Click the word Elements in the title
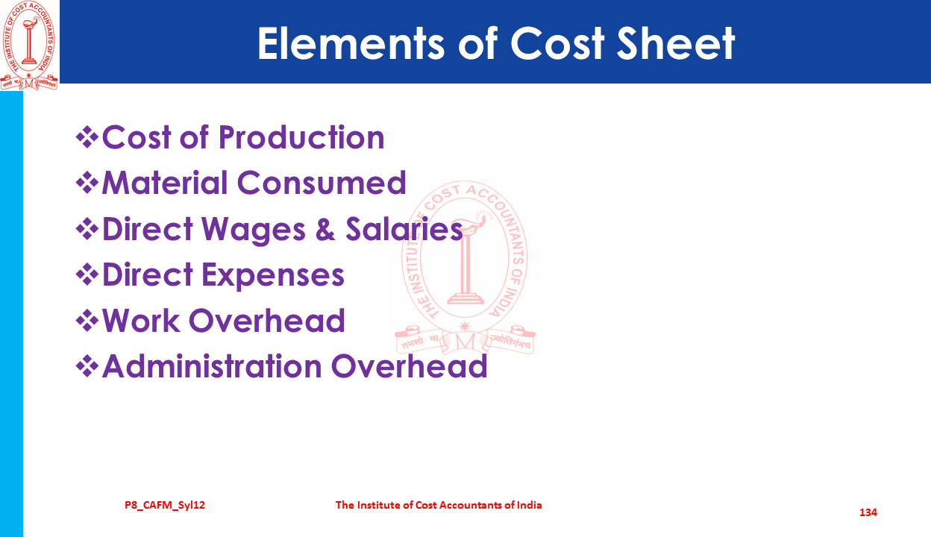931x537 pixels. pos(351,44)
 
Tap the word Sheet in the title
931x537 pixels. pos(676,44)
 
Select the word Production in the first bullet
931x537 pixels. pos(301,137)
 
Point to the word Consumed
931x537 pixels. pos(322,183)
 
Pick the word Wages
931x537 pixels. pos(254,230)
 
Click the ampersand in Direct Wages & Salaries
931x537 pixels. pos(325,229)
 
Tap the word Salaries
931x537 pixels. pos(404,229)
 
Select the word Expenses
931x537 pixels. pos(273,275)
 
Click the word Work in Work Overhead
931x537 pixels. pos(141,321)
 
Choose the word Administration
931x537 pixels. pos(212,366)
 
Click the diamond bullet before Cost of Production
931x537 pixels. pos(87,137)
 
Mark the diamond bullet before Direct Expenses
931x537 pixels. pos(87,274)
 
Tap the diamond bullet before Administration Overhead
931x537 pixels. pos(87,366)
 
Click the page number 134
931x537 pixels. pos(868,512)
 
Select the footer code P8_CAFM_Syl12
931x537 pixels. pos(165,506)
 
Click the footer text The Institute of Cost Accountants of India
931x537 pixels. pos(439,505)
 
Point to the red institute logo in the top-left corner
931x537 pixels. pos(29,45)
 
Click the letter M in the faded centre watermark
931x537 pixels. pos(465,342)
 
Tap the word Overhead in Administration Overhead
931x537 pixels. pos(409,366)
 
